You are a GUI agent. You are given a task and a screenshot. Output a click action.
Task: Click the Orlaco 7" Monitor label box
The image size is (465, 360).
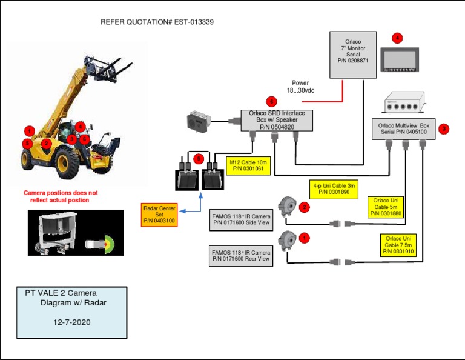pos(353,55)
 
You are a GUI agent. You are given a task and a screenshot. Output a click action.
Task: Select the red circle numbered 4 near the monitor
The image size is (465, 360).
pos(397,38)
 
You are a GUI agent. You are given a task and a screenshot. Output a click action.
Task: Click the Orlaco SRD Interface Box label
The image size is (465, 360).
pos(277,120)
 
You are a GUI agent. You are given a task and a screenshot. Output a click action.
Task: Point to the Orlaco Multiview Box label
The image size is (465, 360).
pos(403,128)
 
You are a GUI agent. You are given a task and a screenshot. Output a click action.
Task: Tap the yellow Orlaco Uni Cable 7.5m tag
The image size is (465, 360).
pos(398,245)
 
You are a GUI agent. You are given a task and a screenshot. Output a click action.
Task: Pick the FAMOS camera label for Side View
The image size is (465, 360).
pos(241,219)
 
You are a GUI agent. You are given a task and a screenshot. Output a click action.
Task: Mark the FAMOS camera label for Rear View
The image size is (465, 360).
pos(241,256)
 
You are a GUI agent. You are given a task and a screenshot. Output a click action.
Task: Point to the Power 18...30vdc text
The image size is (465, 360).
pos(300,87)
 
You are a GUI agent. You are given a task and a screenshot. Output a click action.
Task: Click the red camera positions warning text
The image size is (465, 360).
pos(60,196)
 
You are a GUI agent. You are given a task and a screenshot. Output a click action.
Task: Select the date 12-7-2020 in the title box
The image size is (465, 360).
pos(72,323)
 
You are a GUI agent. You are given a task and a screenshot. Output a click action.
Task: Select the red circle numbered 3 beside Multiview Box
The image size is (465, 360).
pos(444,129)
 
